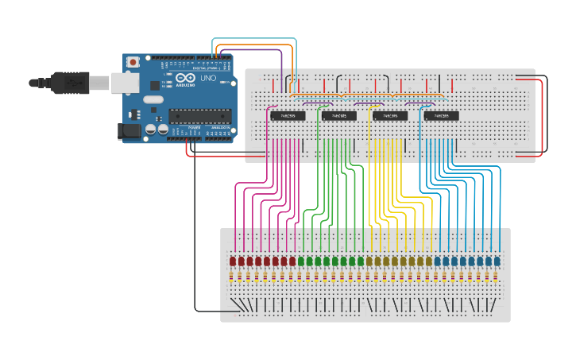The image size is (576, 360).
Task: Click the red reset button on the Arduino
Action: pos(133,61)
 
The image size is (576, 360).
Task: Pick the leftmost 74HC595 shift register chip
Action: pos(288,116)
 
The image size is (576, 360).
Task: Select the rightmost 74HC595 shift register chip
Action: pos(441,116)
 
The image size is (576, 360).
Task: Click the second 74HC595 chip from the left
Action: pos(338,116)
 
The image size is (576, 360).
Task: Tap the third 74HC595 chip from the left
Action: pos(389,116)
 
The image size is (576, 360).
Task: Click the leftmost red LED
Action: pos(233,261)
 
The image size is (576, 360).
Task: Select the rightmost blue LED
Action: pos(497,261)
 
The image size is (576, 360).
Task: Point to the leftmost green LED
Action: pos(301,261)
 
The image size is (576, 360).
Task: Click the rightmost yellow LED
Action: pos(429,261)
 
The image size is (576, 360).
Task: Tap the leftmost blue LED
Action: pos(438,261)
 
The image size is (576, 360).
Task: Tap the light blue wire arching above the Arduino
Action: pos(254,39)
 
